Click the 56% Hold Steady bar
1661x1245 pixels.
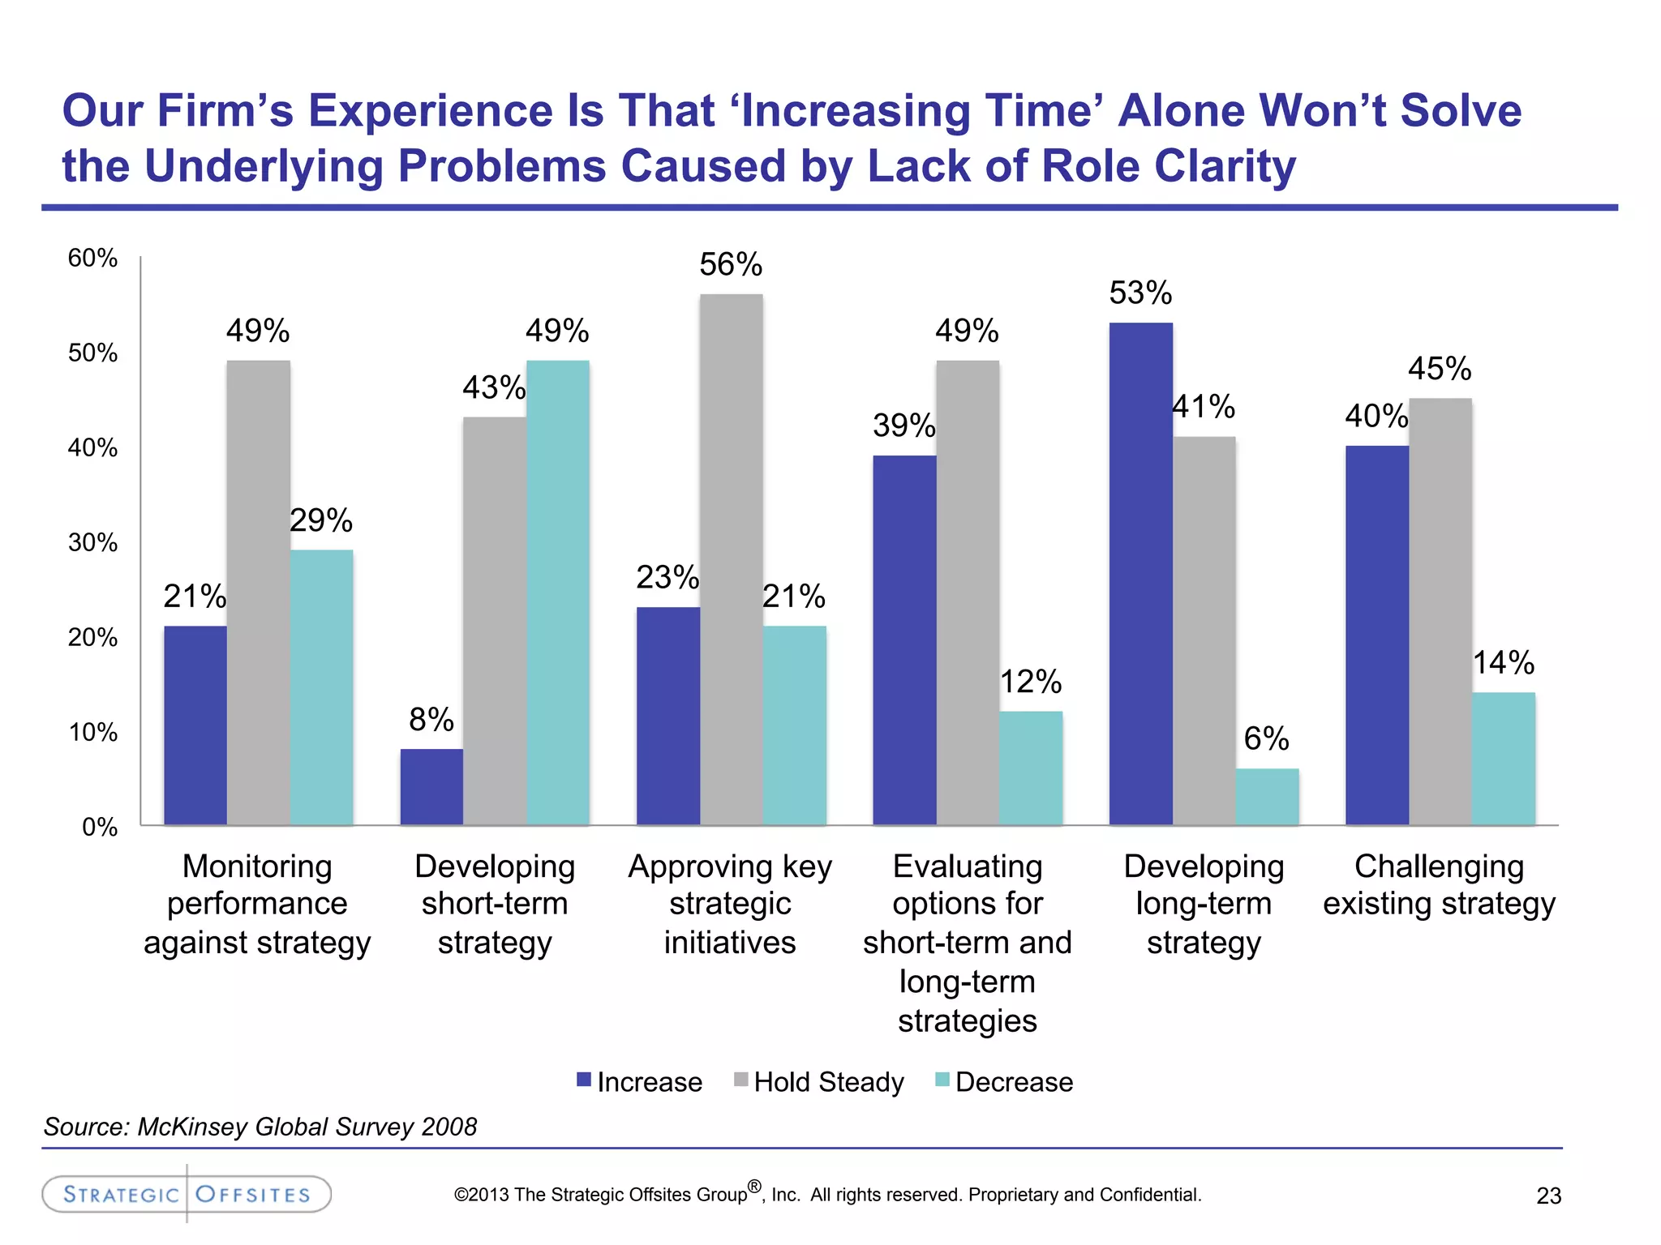coord(731,559)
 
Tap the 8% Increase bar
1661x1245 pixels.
coord(431,787)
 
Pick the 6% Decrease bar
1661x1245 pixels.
coord(1267,797)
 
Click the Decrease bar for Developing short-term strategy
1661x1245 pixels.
coord(558,593)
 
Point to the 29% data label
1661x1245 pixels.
coord(321,520)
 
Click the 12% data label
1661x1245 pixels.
coord(1030,682)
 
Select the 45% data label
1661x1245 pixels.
coord(1440,369)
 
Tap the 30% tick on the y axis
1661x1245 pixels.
coord(92,542)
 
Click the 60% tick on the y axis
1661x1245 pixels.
coord(92,258)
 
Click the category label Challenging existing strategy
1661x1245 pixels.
coord(1440,885)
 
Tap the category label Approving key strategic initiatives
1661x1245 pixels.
coord(730,904)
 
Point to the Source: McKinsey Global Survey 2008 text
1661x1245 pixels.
coord(260,1127)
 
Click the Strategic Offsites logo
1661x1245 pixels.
coord(187,1194)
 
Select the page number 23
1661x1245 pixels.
coord(1548,1196)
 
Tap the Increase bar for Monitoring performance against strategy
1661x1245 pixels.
coord(195,725)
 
